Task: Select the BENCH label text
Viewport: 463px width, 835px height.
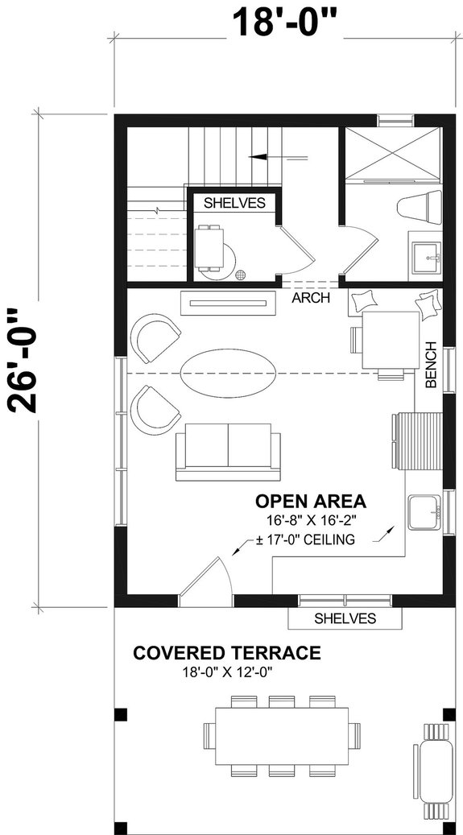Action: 432,366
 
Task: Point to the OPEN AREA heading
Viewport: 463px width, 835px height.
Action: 311,501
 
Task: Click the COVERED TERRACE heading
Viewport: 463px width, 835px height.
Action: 227,652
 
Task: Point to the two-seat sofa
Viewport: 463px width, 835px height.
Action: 228,451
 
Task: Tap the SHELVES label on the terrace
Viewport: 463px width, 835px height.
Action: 345,618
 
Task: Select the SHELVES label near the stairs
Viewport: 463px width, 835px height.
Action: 234,203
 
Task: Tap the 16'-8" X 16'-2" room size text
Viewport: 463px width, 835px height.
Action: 311,521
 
